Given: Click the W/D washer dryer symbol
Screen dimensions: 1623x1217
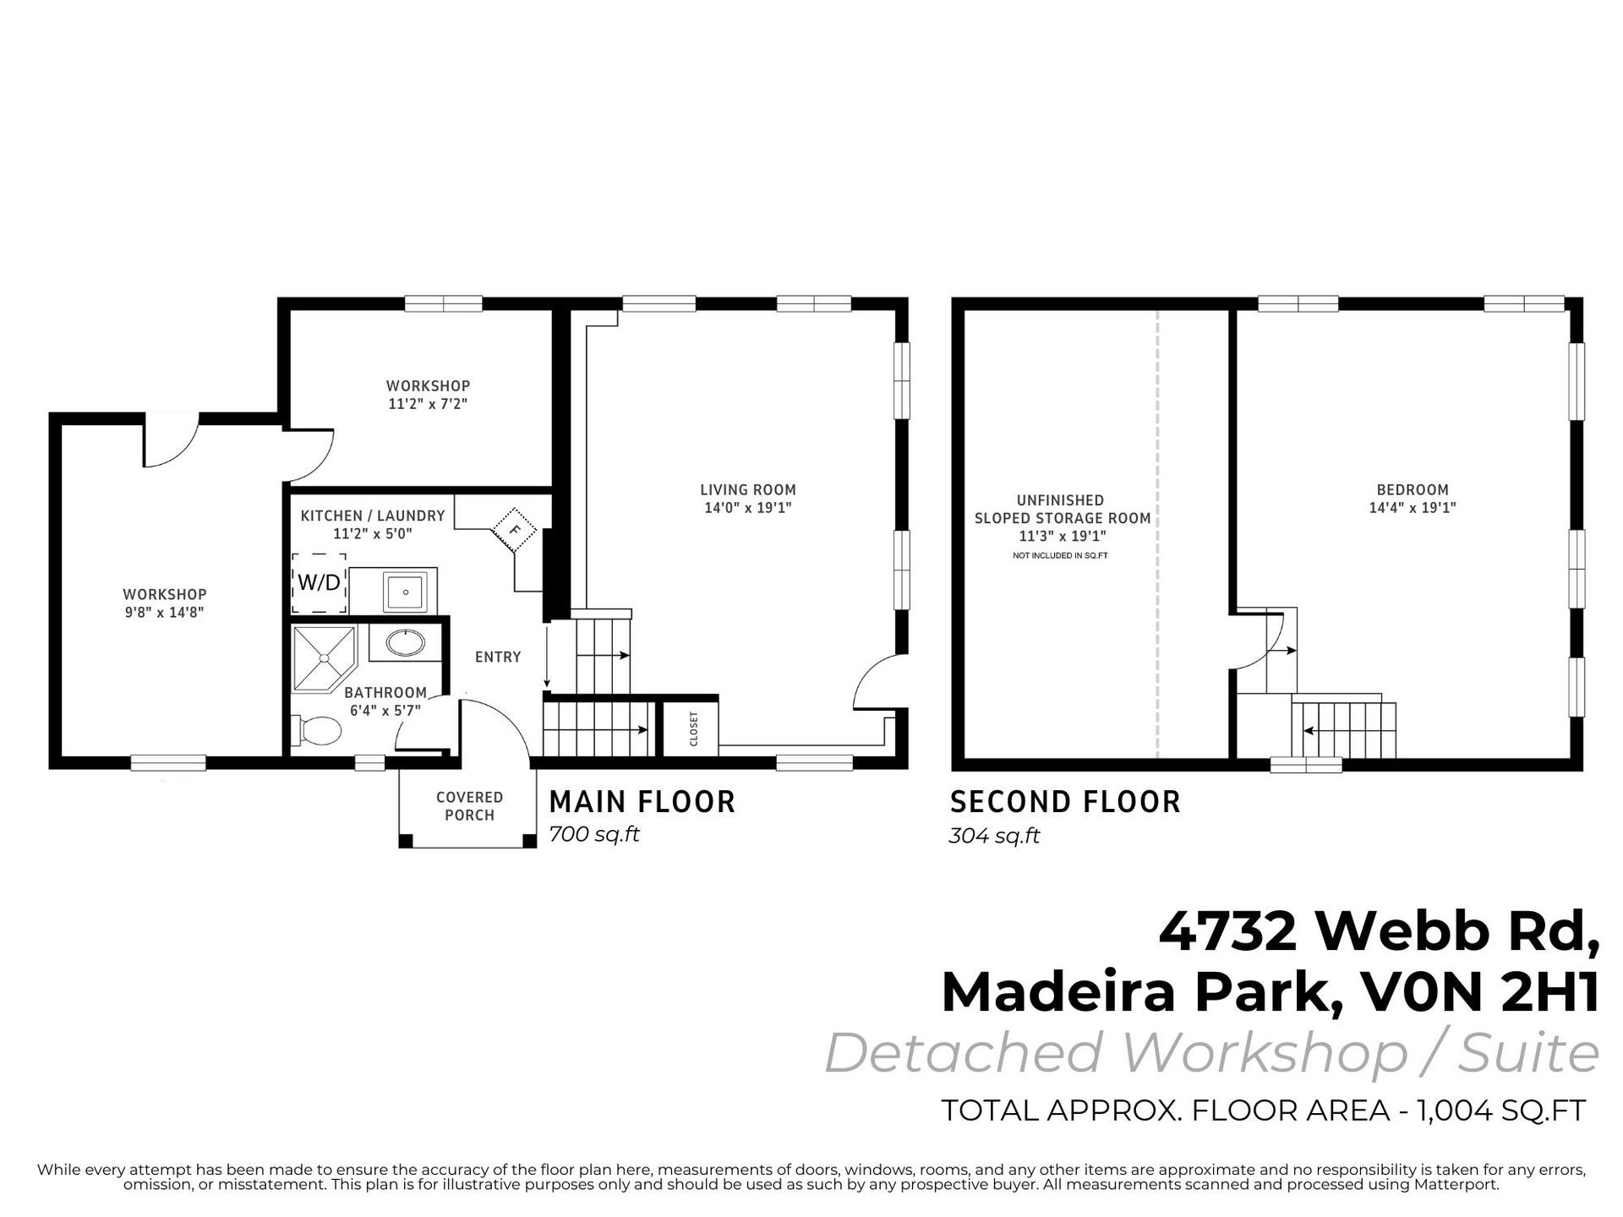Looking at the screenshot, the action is (320, 582).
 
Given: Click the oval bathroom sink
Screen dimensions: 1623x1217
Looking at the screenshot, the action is (406, 643).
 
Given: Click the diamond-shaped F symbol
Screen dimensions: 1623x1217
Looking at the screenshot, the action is (513, 531).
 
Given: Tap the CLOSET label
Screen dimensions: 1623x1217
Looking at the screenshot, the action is (694, 729).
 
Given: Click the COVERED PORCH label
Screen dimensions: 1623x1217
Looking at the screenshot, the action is (469, 806).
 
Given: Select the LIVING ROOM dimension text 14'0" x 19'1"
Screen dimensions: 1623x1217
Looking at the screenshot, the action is (748, 508).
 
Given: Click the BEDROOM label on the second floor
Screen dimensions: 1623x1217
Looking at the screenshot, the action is (1413, 489).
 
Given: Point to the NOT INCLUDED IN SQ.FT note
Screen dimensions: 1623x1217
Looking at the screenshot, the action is (1060, 555).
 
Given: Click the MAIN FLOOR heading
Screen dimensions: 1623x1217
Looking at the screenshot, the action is (642, 801).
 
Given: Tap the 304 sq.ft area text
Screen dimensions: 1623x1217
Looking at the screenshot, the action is (994, 836).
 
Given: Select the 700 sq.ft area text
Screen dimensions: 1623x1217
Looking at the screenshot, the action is (594, 834).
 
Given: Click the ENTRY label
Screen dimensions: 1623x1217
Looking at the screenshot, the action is (498, 657).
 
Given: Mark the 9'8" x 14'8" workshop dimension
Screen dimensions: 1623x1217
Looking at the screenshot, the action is (165, 612).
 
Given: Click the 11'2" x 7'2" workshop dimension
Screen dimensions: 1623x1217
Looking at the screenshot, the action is (428, 404).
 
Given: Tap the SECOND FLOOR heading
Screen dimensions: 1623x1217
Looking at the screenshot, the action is (1065, 802).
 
